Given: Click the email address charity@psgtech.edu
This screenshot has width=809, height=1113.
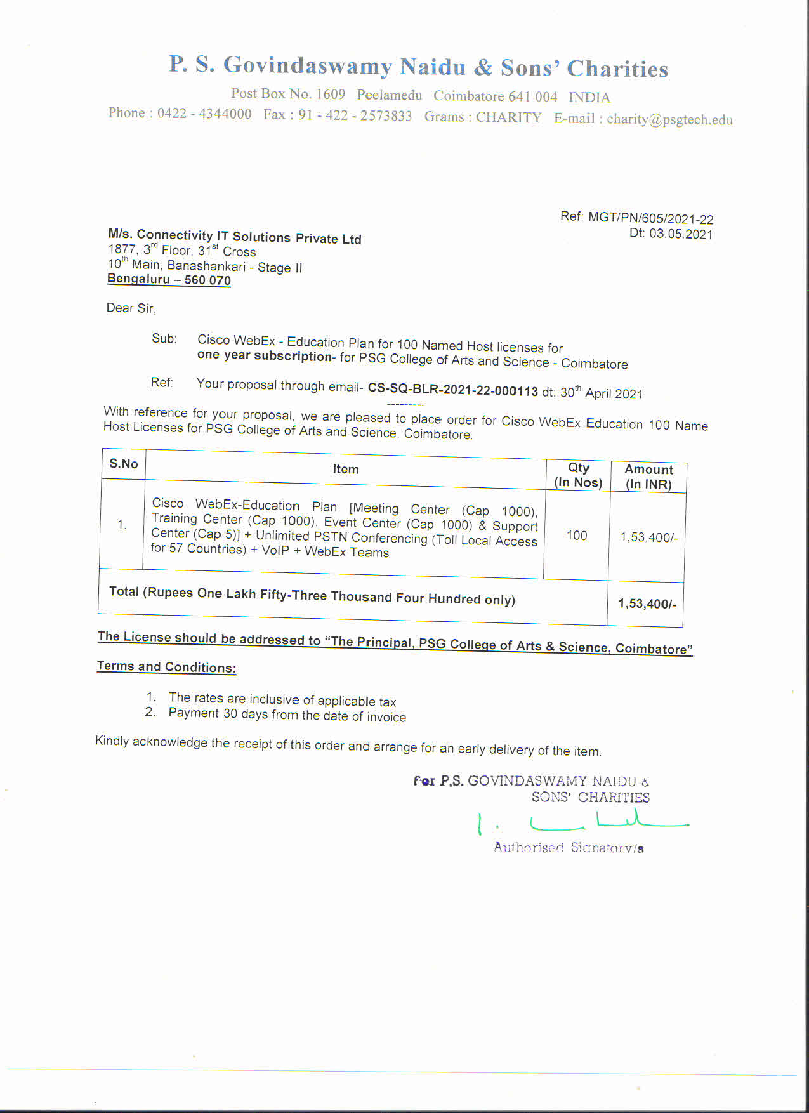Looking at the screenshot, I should coord(669,119).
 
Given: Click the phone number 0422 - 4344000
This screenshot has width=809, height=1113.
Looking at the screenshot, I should coord(204,114).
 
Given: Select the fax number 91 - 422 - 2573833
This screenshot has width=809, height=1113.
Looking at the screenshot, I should coord(355,115).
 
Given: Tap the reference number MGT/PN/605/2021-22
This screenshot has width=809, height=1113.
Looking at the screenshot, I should coord(650,218).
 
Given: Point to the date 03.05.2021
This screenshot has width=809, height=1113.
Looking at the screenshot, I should coord(681,234).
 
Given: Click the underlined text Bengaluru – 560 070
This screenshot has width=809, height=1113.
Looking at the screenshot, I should coord(169,279).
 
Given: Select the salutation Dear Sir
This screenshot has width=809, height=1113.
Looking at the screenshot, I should coord(130,308).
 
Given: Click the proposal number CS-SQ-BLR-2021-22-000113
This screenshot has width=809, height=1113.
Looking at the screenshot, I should coord(452,390).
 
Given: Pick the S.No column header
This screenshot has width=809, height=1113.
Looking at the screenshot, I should coord(123,464).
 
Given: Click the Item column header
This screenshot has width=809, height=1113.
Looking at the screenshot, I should coord(346,469).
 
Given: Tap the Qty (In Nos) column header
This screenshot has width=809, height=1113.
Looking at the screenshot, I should coord(578,475).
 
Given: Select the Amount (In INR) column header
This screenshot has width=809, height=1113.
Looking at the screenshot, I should coord(648,477).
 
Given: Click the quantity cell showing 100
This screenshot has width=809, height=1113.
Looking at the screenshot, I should coord(577,536).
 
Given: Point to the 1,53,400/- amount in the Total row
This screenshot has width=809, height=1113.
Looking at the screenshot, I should coord(647,603).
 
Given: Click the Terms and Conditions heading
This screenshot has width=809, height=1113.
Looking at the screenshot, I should coord(166,666).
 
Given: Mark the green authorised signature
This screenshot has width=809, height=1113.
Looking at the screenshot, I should coord(584,823).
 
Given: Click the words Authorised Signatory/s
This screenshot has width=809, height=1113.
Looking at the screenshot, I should coord(569,848).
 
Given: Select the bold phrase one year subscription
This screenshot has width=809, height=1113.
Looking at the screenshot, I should coord(265,355).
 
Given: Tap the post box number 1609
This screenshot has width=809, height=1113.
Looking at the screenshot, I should coord(331,95).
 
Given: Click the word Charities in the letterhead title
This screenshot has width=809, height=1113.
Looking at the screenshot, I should coord(617,69).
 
